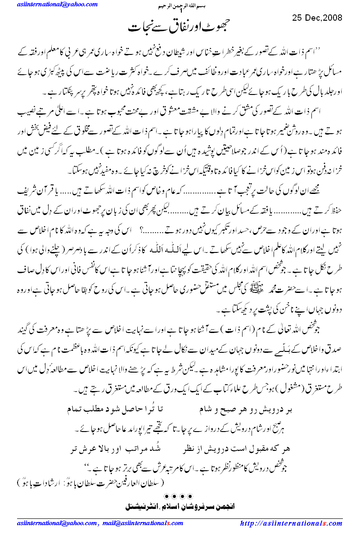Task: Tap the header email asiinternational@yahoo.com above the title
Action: coord(57,5)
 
